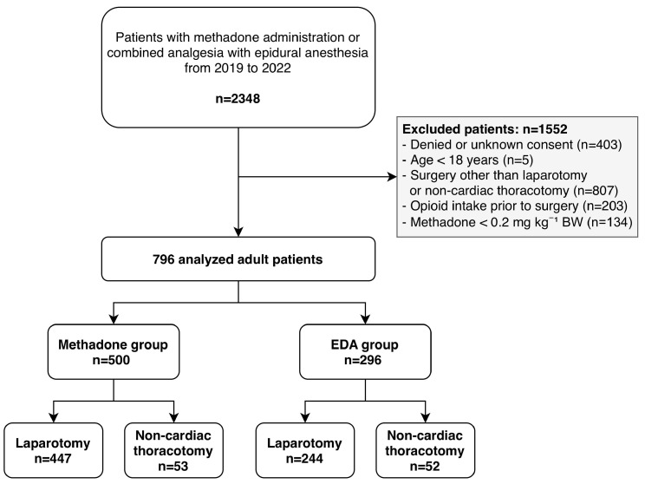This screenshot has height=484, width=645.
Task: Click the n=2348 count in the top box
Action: point(238,99)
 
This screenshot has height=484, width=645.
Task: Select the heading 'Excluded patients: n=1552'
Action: point(485,129)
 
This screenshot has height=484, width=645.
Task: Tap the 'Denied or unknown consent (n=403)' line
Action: point(512,145)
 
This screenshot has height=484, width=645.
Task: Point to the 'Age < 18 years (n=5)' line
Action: point(467,160)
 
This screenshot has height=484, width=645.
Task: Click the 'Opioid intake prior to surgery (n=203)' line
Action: point(515,206)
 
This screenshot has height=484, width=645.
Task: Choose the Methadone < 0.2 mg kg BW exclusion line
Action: point(517,222)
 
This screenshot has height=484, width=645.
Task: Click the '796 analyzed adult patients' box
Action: point(238,258)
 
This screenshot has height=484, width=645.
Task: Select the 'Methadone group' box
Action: point(114,352)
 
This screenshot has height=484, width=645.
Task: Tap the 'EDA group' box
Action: point(365,352)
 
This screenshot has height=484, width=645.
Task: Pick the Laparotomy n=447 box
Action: point(54,450)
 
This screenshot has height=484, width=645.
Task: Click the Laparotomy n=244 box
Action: point(305,450)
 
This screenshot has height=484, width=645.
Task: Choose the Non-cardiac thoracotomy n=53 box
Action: point(173,450)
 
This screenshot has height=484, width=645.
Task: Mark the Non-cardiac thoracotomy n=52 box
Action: point(426,450)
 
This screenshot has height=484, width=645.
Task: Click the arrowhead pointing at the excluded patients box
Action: point(392,177)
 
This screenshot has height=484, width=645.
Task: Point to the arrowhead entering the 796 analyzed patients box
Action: point(238,232)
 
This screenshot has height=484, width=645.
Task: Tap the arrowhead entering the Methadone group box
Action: point(114,319)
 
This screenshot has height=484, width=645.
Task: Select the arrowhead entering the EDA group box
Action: point(365,319)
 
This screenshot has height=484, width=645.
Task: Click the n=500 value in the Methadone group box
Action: point(111,360)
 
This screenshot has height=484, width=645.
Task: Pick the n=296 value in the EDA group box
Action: point(362,360)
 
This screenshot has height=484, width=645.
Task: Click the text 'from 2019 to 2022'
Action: point(238,68)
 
